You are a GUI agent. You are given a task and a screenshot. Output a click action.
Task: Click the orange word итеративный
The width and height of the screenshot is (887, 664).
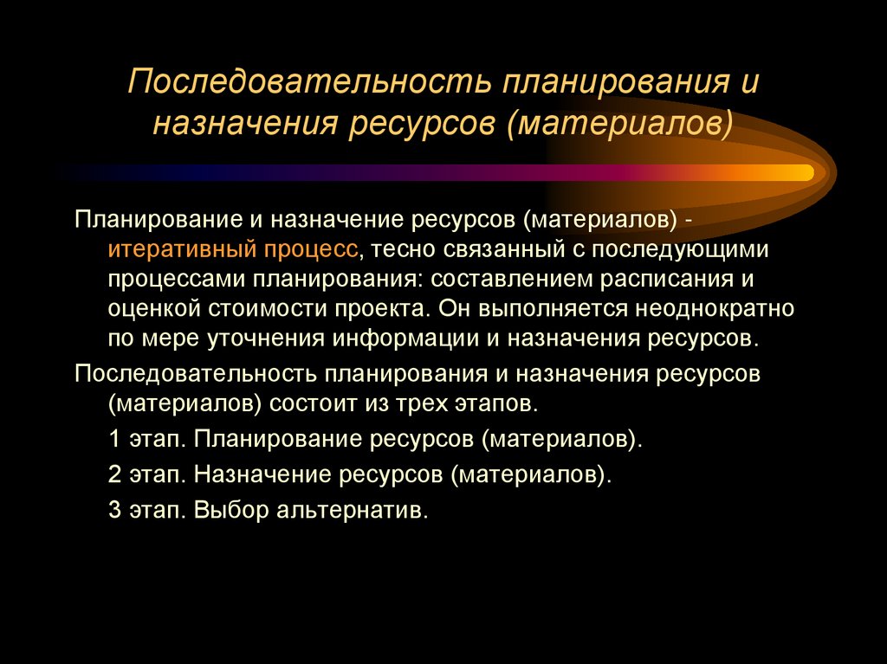[178, 250]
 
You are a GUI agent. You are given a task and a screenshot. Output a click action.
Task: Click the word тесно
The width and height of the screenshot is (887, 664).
[402, 250]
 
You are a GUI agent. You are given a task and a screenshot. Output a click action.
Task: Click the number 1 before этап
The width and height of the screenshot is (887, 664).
[115, 439]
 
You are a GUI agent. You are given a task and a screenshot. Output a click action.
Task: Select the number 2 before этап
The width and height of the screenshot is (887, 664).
[115, 474]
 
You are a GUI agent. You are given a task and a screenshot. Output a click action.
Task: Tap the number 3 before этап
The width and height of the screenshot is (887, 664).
[115, 510]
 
